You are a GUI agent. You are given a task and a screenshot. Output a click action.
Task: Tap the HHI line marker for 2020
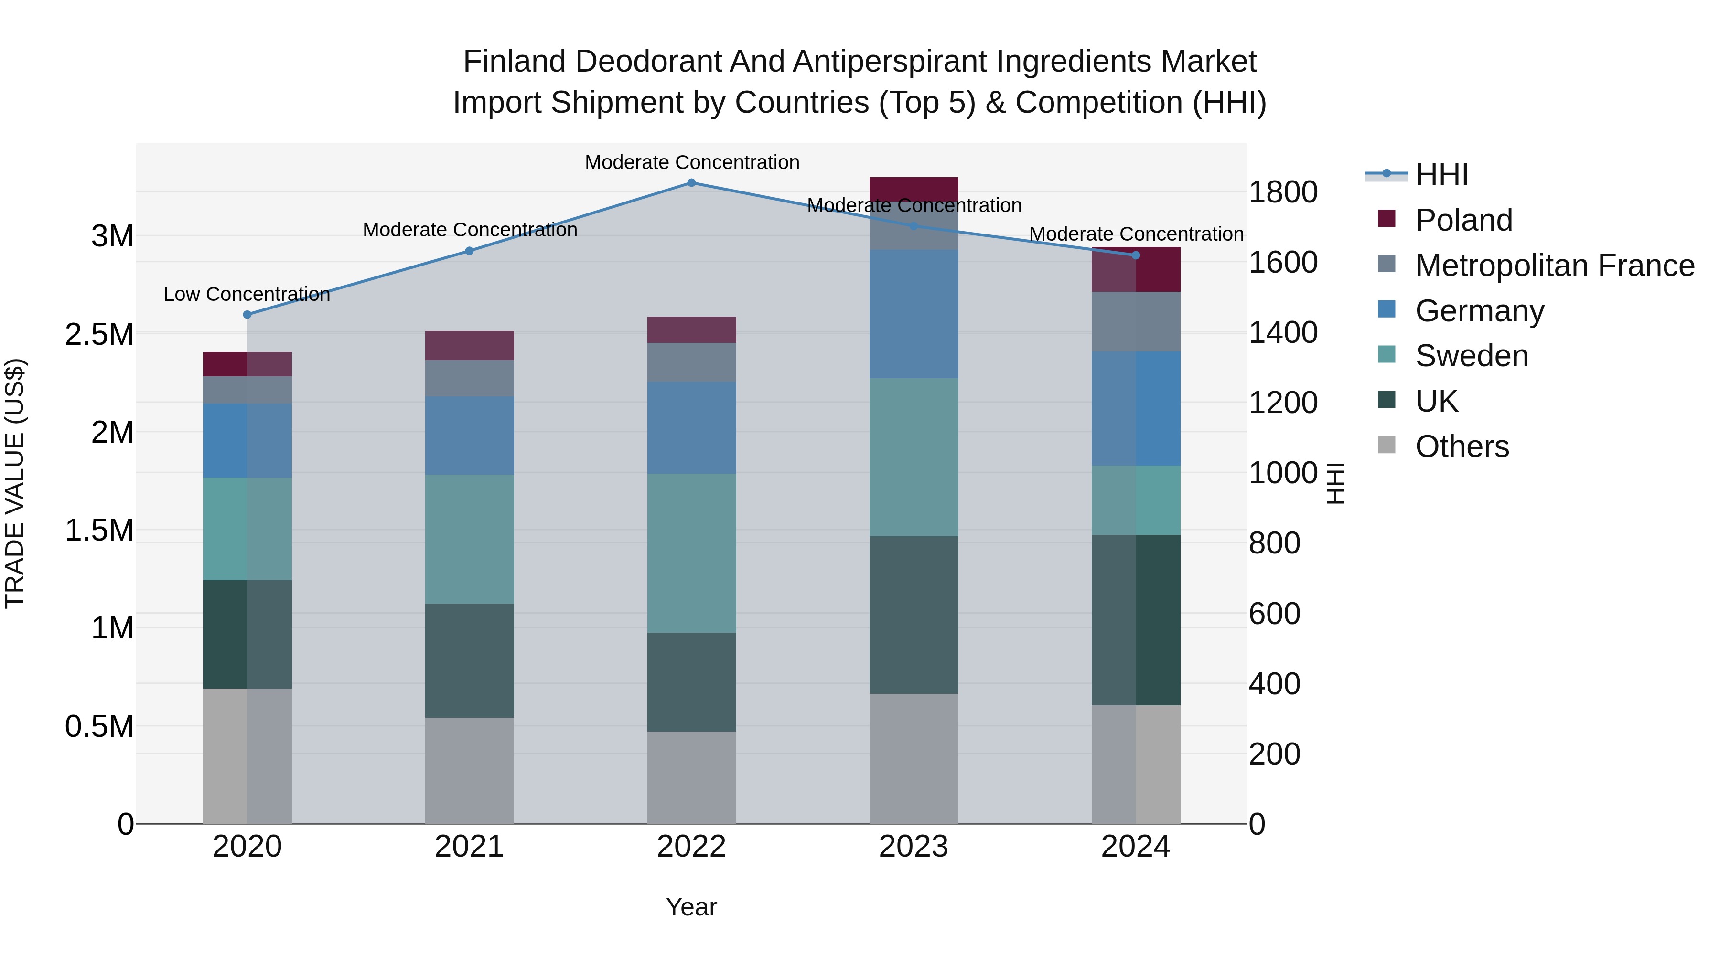[x=247, y=314]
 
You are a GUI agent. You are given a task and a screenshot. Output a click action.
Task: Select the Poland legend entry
[x=1463, y=220]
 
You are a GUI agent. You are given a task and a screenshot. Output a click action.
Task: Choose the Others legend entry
[x=1462, y=446]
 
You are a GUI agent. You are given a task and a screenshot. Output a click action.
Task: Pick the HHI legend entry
[x=1441, y=175]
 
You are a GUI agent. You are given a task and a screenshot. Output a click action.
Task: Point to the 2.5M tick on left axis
[x=99, y=334]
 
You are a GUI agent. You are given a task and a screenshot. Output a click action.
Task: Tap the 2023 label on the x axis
[x=914, y=847]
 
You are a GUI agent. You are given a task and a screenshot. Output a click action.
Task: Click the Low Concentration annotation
[x=247, y=294]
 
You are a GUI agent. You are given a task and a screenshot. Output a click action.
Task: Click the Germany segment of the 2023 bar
[x=914, y=314]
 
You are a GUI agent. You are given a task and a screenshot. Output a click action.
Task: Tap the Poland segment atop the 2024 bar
[x=1136, y=269]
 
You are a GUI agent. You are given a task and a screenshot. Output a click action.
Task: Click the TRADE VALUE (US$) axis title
[x=15, y=483]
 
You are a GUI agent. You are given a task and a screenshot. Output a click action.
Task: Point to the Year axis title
[x=691, y=907]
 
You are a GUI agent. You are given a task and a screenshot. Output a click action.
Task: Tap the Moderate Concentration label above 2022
[x=692, y=162]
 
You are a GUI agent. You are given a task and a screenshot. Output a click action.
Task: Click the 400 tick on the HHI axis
[x=1274, y=683]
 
